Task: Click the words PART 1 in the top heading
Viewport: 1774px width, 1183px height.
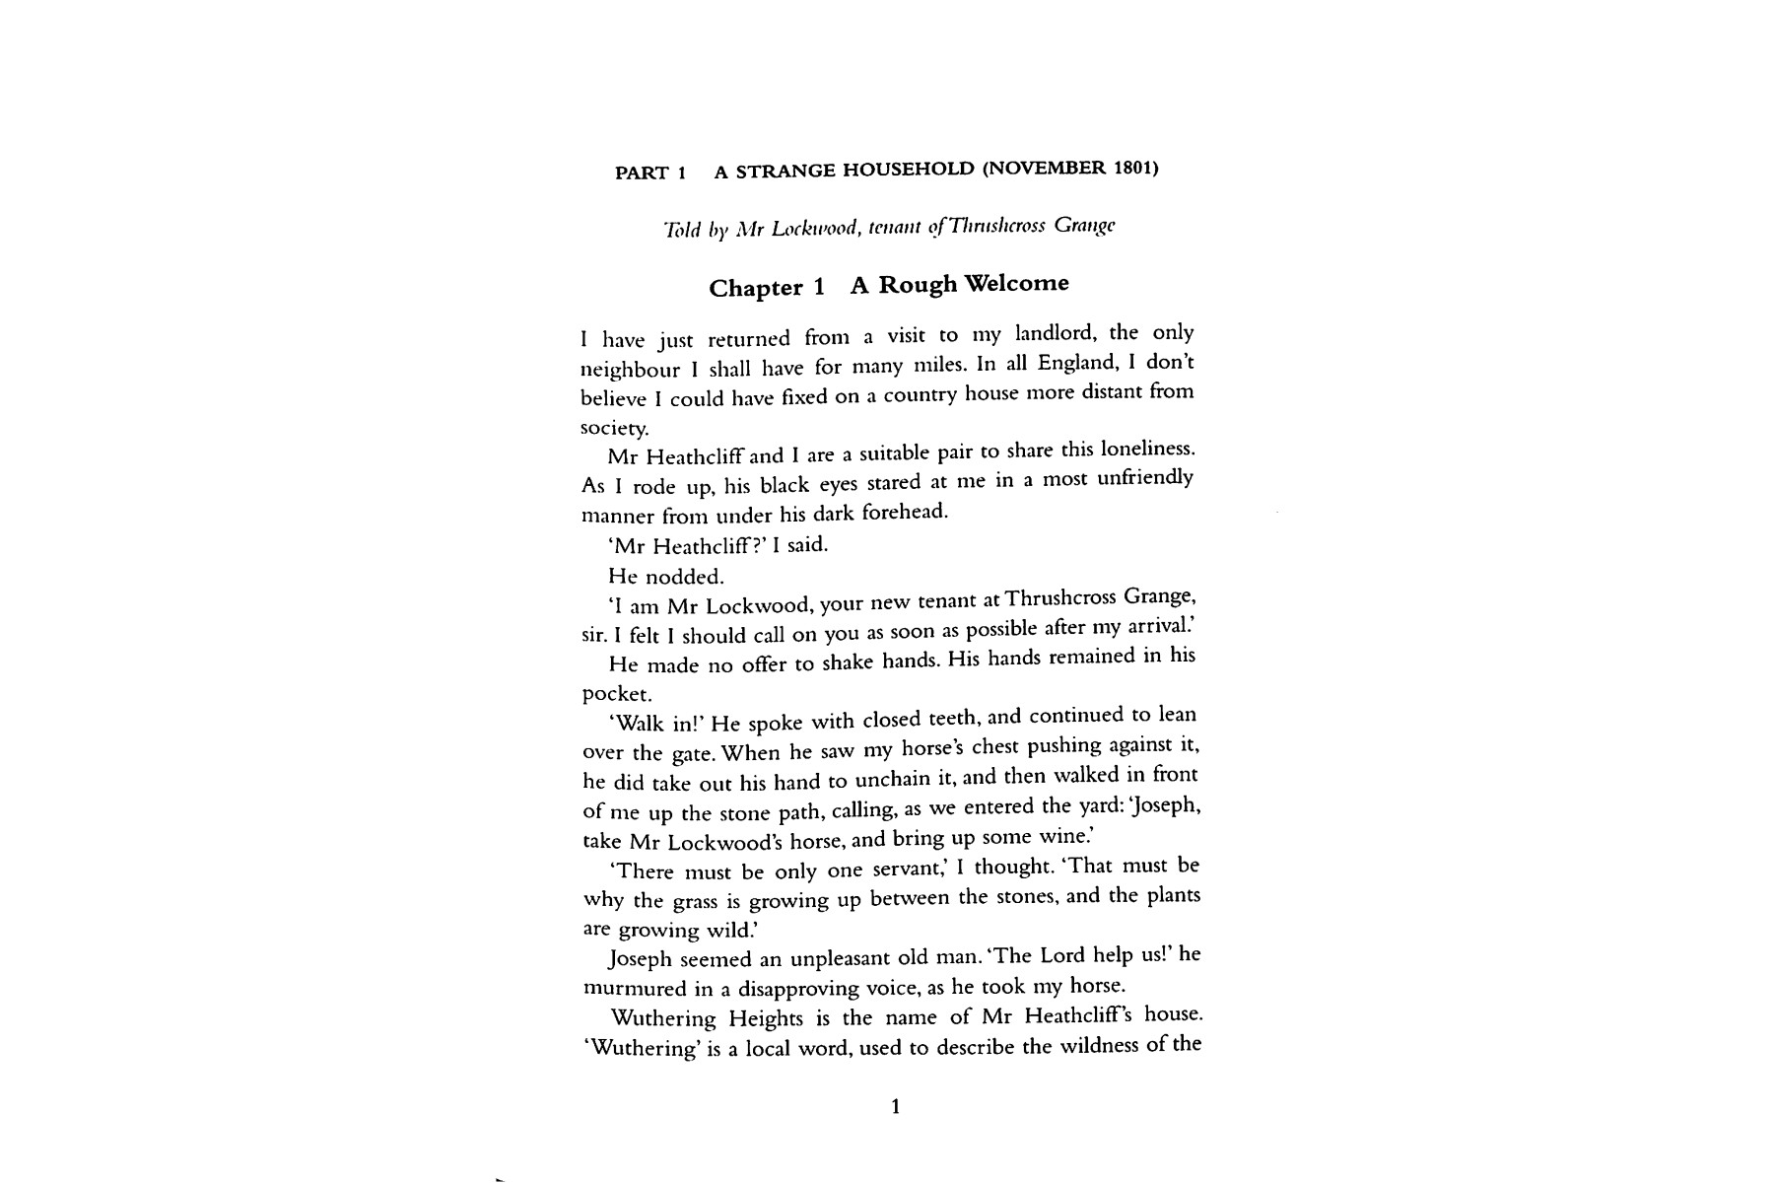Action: point(649,174)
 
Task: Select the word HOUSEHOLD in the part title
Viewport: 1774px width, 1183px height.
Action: point(907,170)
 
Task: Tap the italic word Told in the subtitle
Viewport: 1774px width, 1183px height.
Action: point(681,231)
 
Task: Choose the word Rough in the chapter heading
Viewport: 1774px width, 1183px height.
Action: point(918,285)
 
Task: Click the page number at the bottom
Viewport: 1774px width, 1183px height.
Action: point(895,1107)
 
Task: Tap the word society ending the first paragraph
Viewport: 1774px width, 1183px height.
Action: point(614,429)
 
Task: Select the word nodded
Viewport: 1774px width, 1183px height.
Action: point(686,577)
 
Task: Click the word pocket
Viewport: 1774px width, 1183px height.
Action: point(618,694)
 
